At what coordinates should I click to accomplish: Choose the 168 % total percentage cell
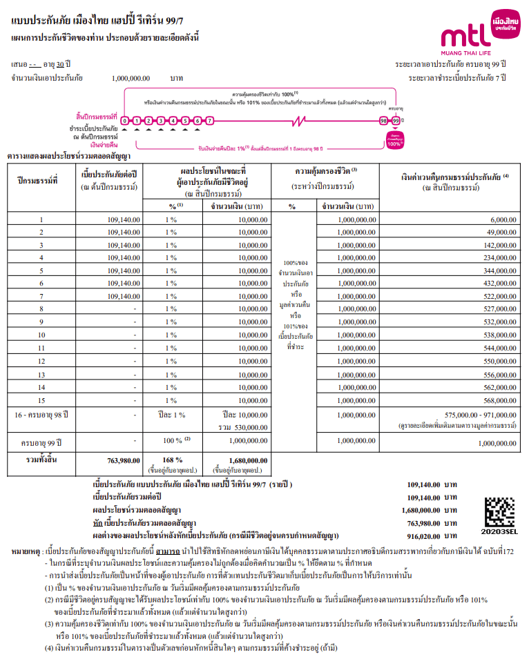point(171,460)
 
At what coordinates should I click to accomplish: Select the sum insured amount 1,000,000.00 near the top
point(131,79)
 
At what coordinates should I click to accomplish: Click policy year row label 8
point(41,309)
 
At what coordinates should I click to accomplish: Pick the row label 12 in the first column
point(41,362)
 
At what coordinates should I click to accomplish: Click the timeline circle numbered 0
point(125,121)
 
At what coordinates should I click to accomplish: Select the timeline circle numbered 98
point(383,121)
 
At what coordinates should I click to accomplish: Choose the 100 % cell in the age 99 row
point(171,440)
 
